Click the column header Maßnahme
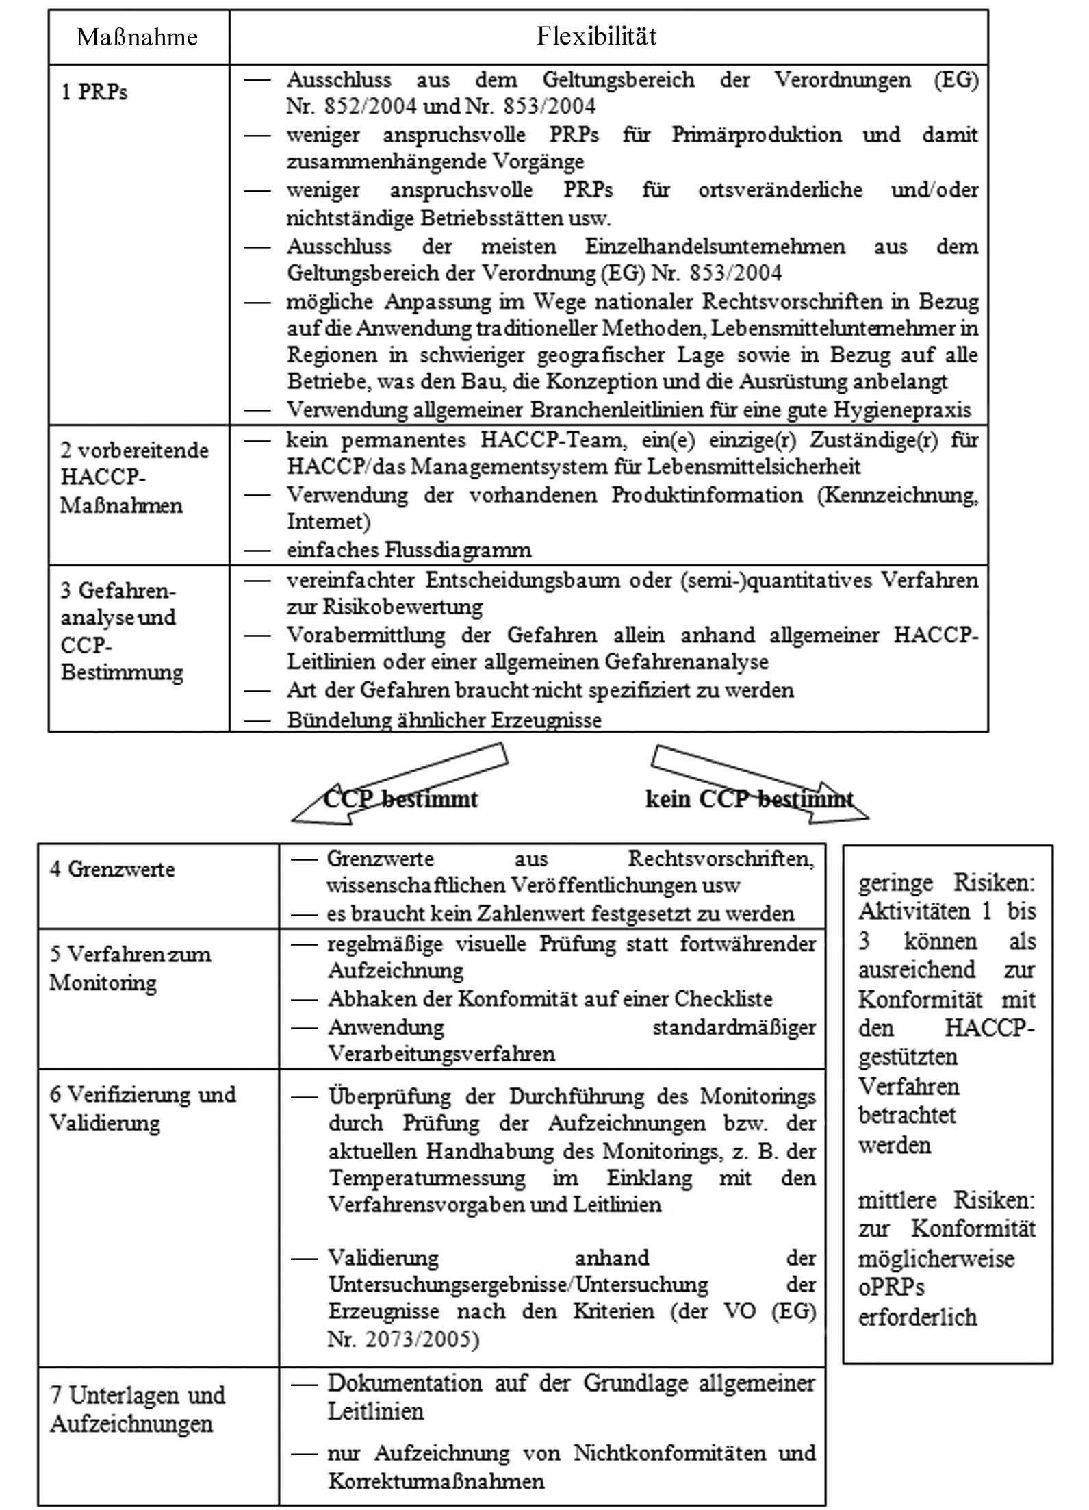[x=138, y=36]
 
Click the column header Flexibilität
[x=596, y=36]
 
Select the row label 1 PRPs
[x=94, y=92]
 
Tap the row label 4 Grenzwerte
[x=112, y=869]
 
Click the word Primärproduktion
[x=756, y=134]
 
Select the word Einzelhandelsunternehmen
[x=715, y=246]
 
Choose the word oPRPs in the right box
[x=891, y=1287]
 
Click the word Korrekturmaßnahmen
[x=436, y=1481]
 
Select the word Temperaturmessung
[x=427, y=1178]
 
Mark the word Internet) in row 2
[x=329, y=521]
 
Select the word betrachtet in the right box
[x=906, y=1115]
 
